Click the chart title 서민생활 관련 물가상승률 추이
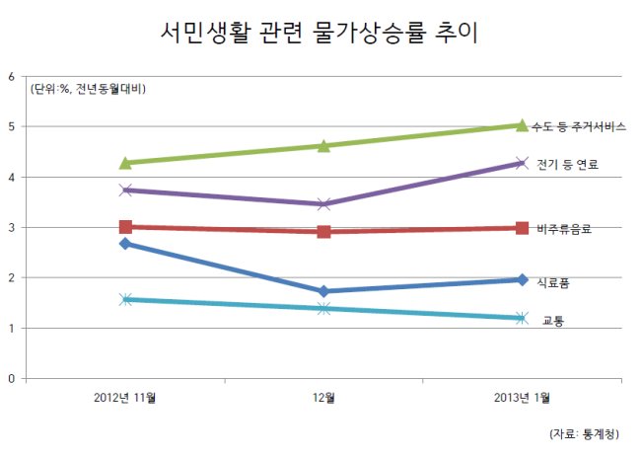tap(320, 32)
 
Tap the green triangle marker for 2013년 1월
tap(522, 125)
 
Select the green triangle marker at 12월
tap(323, 146)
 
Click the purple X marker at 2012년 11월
tap(126, 190)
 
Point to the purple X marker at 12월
tap(323, 203)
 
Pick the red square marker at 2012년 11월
tap(125, 227)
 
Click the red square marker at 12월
tap(323, 232)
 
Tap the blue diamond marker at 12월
tap(323, 291)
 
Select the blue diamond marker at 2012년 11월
tap(125, 244)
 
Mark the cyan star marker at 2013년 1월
tap(522, 318)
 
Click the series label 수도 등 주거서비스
tap(579, 126)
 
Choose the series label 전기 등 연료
tap(567, 165)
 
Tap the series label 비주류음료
tap(564, 229)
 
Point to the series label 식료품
tap(553, 282)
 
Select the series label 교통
tap(553, 321)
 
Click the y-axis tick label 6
tap(11, 77)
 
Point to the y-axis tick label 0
tap(11, 379)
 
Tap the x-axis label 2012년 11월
tap(124, 398)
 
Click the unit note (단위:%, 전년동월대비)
tap(88, 89)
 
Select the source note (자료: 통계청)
tap(584, 434)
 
